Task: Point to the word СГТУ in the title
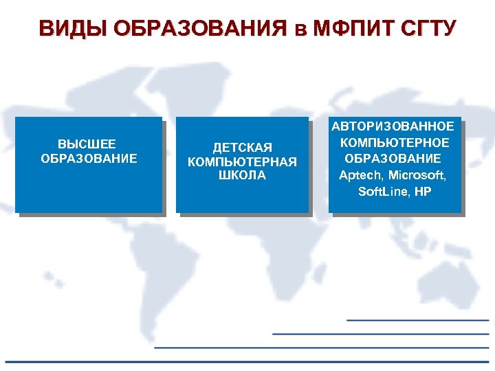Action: (427, 29)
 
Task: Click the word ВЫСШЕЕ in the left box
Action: (87, 144)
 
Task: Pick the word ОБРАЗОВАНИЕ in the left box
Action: (89, 159)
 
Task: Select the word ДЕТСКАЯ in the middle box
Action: (242, 148)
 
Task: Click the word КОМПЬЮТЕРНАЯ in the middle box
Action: (242, 162)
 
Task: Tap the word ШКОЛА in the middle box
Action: (242, 175)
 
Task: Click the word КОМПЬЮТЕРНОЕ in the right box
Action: (395, 142)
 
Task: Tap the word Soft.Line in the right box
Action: (382, 192)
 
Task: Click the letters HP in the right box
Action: (423, 192)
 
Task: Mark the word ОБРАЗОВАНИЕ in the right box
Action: (394, 159)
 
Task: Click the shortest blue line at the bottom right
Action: (417, 320)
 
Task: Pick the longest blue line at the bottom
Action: (247, 361)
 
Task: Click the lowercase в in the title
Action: (298, 30)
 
